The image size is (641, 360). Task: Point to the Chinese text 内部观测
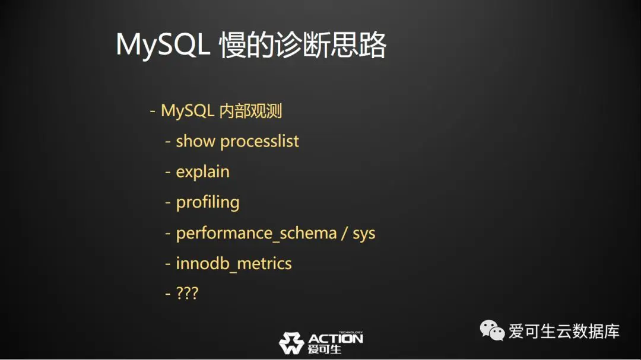(x=250, y=111)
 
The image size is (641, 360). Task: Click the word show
(x=195, y=141)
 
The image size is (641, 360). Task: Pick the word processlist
(x=259, y=142)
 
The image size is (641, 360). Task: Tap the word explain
(x=203, y=172)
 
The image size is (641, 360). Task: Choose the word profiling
(x=208, y=203)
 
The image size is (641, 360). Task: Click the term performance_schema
(x=256, y=233)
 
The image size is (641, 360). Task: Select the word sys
(x=364, y=234)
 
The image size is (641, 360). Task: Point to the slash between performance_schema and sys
(x=345, y=233)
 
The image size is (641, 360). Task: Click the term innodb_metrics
(x=234, y=263)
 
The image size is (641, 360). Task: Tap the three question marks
(x=187, y=293)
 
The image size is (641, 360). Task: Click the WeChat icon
(x=492, y=330)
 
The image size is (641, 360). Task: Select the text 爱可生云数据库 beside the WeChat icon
(x=564, y=331)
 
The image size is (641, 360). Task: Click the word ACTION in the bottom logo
(x=335, y=339)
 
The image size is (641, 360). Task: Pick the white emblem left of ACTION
(x=291, y=343)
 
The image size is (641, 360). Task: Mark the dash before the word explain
(x=167, y=173)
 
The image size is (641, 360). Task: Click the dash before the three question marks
(x=167, y=294)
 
